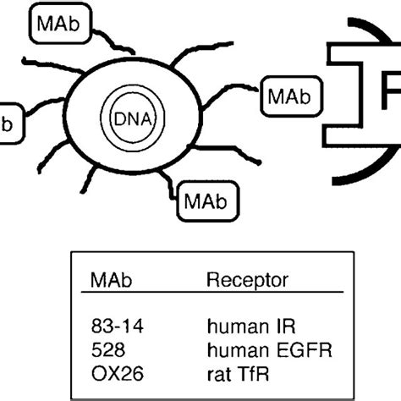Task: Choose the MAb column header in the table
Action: (x=107, y=280)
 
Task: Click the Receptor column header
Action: (x=248, y=280)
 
